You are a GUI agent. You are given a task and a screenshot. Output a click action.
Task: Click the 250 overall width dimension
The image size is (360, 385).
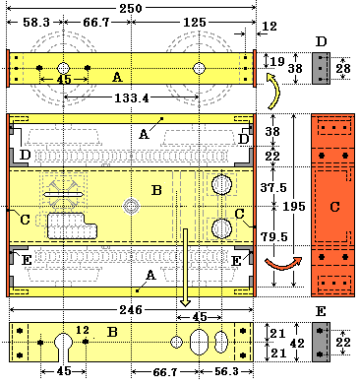click(x=131, y=8)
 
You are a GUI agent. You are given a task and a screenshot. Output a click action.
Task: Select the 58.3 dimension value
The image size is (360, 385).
click(x=36, y=23)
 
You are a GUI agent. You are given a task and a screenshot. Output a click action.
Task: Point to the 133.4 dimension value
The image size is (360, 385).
click(x=131, y=97)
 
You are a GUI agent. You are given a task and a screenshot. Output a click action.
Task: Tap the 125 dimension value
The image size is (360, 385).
click(x=195, y=23)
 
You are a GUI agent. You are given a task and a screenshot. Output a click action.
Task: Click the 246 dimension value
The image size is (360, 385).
click(x=131, y=309)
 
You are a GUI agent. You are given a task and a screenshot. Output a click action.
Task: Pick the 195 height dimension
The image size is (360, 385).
click(x=294, y=206)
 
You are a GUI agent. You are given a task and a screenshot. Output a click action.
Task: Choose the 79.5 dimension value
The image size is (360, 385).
click(x=273, y=236)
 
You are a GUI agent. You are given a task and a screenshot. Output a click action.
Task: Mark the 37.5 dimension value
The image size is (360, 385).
click(x=273, y=187)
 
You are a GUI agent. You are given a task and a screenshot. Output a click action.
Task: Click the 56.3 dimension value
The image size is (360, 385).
click(x=226, y=371)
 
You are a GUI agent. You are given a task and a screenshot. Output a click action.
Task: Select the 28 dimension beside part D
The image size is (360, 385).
click(x=343, y=68)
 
